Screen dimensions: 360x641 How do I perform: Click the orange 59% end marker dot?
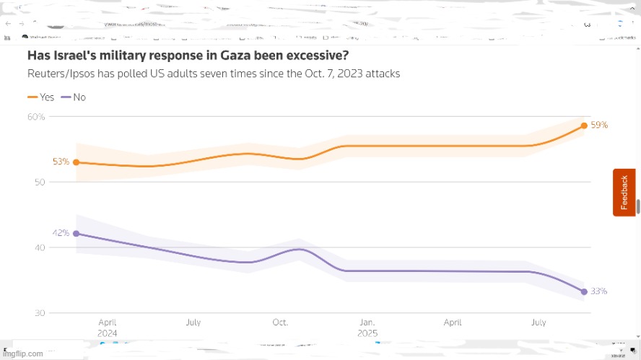[x=584, y=126]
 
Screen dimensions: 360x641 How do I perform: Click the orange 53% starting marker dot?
[x=76, y=162]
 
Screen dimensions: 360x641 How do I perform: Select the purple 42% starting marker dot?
[x=76, y=234]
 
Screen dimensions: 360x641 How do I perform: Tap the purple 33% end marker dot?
[x=584, y=291]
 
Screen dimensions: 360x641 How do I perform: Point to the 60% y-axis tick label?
[x=36, y=117]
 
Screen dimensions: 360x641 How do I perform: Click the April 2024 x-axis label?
[x=108, y=328]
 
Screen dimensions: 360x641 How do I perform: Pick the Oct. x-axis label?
[x=279, y=322]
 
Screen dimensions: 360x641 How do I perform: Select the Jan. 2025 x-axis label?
[x=367, y=328]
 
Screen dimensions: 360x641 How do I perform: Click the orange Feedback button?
[x=624, y=192]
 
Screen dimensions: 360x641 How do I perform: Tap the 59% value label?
[x=599, y=126]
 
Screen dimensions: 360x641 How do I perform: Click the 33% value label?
[x=599, y=291]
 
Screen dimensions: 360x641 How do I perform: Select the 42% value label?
[x=61, y=233]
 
